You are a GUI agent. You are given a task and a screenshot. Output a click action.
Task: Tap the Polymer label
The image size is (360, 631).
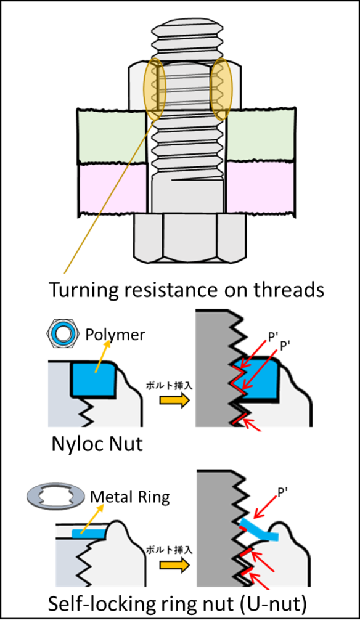click(x=115, y=335)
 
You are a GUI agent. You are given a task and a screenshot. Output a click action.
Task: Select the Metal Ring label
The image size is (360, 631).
click(x=129, y=497)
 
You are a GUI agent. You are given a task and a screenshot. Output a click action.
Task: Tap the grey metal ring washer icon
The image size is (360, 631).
click(x=55, y=498)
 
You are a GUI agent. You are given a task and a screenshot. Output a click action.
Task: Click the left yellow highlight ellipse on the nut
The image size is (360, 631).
click(x=155, y=89)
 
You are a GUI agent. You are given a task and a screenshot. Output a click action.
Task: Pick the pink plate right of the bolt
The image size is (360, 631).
click(x=261, y=189)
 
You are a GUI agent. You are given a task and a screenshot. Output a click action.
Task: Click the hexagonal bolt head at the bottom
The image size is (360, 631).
click(x=189, y=237)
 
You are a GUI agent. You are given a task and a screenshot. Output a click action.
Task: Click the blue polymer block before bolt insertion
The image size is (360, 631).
click(x=94, y=379)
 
